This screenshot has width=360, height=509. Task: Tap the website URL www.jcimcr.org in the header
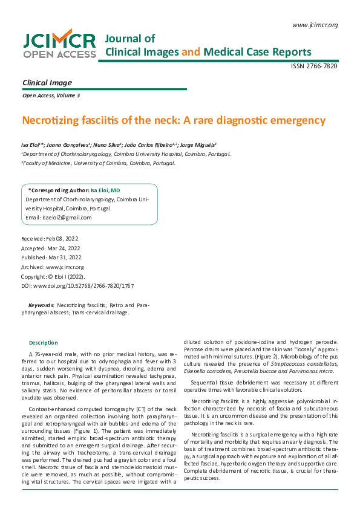[314, 25]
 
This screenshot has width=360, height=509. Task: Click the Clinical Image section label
[47, 83]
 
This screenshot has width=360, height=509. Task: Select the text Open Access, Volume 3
[51, 96]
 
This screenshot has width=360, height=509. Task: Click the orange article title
[174, 120]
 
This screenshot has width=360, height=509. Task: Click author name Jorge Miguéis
[198, 145]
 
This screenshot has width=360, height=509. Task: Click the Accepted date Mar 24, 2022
[51, 248]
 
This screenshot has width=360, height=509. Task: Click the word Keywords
[42, 306]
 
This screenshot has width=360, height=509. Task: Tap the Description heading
[44, 343]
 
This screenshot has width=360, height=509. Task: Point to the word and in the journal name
[191, 51]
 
